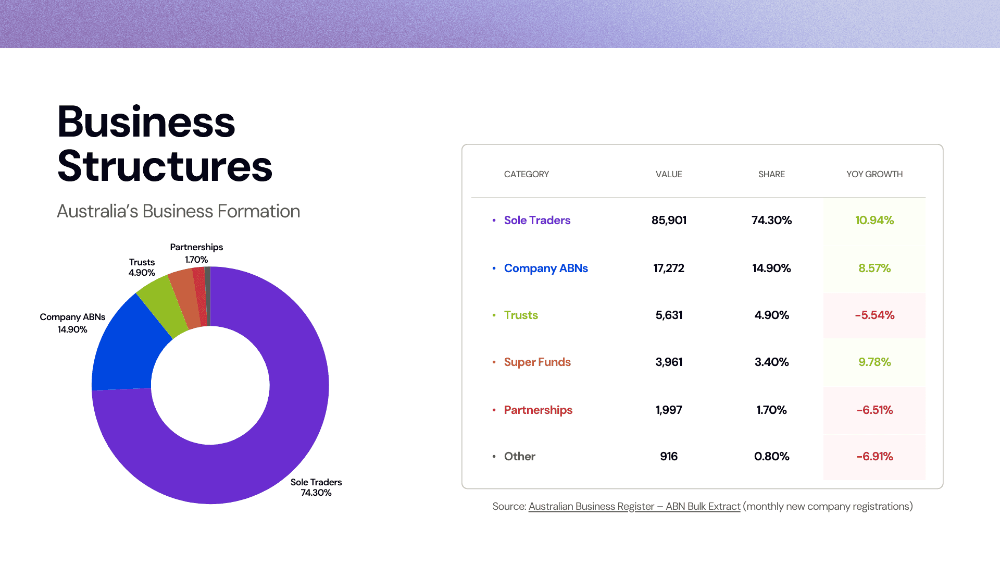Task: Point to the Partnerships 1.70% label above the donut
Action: (196, 253)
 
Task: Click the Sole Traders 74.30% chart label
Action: (316, 487)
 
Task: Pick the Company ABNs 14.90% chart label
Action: (72, 323)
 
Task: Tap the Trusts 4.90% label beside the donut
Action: (142, 267)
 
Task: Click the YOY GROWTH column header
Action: (874, 174)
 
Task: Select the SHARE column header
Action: (771, 174)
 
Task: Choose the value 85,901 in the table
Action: (669, 221)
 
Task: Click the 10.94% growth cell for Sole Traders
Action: (874, 221)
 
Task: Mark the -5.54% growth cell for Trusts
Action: (874, 315)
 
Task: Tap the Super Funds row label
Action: (537, 362)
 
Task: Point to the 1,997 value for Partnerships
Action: (669, 410)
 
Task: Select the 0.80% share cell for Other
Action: (771, 457)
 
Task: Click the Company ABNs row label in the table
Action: (546, 268)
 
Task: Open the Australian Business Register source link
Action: (634, 507)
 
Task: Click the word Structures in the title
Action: (165, 166)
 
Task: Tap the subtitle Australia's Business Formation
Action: (178, 211)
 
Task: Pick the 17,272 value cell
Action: (669, 268)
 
